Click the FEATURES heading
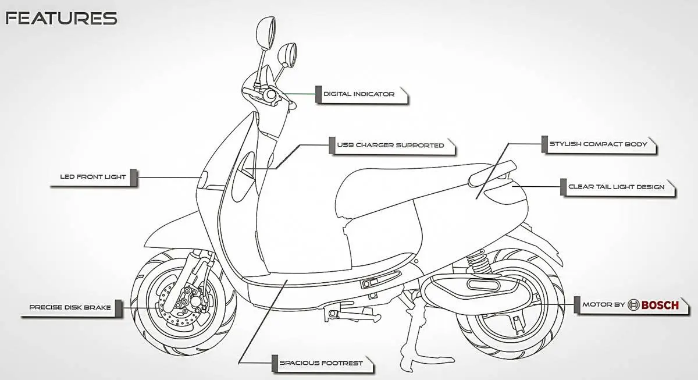62,19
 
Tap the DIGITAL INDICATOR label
359,94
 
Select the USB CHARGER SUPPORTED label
390,145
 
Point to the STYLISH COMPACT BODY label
599,144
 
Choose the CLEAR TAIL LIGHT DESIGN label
617,187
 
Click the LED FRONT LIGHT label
93,177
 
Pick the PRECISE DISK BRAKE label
70,307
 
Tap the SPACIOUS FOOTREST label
321,363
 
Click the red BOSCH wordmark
660,305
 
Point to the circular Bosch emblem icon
633,305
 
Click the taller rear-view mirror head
266,33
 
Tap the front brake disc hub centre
195,301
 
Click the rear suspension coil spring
478,264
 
